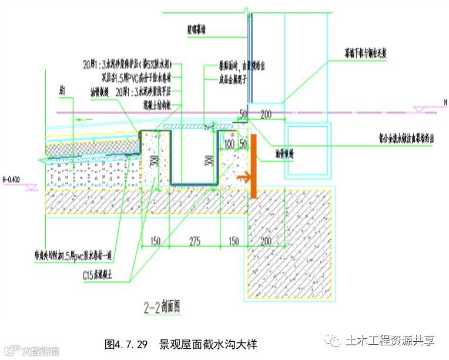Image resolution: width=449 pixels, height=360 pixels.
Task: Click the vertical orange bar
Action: tap(253, 166)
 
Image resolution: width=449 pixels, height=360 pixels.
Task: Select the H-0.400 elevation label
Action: tap(11, 179)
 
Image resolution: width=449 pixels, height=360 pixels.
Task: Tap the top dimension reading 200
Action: tap(266, 114)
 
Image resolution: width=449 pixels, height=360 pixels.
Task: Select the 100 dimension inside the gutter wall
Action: tap(229, 144)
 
